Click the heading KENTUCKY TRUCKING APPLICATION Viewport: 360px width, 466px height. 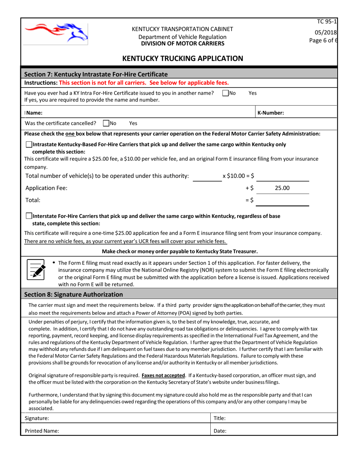pyautogui.click(x=180, y=58)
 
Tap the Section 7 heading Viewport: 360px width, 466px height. pyautogui.click(x=96, y=74)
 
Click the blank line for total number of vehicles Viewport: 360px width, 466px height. pyautogui.click(x=207, y=176)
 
